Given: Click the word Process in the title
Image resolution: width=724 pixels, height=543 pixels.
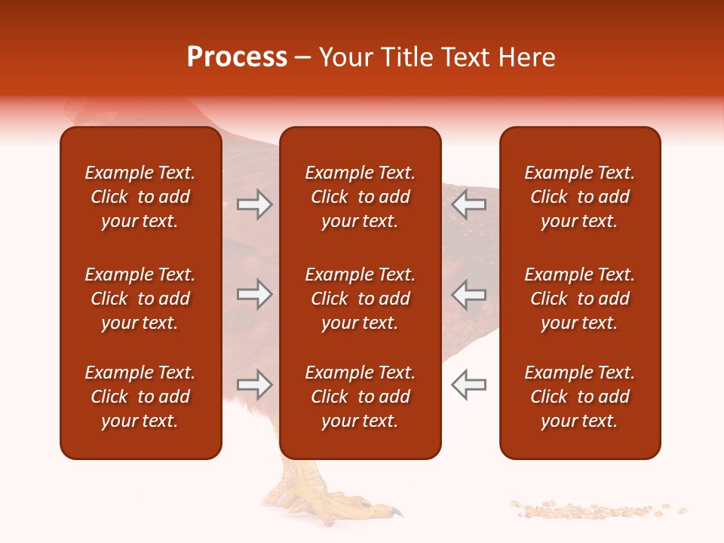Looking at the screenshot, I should [x=237, y=57].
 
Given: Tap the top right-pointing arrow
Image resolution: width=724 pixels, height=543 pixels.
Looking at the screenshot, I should [x=255, y=204].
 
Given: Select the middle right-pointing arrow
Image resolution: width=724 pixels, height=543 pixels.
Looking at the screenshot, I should [x=255, y=294].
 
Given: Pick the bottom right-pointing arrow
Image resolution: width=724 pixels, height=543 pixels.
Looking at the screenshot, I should [x=255, y=385].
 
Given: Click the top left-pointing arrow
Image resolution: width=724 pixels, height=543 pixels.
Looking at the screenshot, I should [x=468, y=204].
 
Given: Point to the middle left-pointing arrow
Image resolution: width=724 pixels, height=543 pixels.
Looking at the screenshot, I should [x=468, y=294].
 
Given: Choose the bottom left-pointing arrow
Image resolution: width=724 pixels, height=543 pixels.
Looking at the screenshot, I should [x=468, y=385].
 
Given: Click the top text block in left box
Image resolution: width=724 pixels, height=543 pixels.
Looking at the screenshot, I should [x=140, y=197].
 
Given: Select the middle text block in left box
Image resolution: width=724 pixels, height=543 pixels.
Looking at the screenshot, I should [x=140, y=299].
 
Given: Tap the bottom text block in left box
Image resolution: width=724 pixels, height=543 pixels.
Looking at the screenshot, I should [x=140, y=397].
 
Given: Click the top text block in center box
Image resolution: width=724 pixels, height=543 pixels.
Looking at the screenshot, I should [x=360, y=197].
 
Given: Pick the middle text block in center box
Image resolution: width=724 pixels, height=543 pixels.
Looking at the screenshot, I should [x=360, y=299].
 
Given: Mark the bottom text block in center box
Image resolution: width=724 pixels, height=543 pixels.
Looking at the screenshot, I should [x=360, y=397].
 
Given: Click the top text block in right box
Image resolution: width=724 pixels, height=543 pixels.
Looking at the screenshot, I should [x=579, y=197].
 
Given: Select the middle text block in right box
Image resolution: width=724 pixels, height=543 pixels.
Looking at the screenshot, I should [x=579, y=299].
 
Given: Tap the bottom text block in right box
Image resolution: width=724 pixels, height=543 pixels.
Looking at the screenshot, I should [x=579, y=397].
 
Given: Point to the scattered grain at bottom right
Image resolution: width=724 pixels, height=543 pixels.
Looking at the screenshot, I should [x=596, y=511].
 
